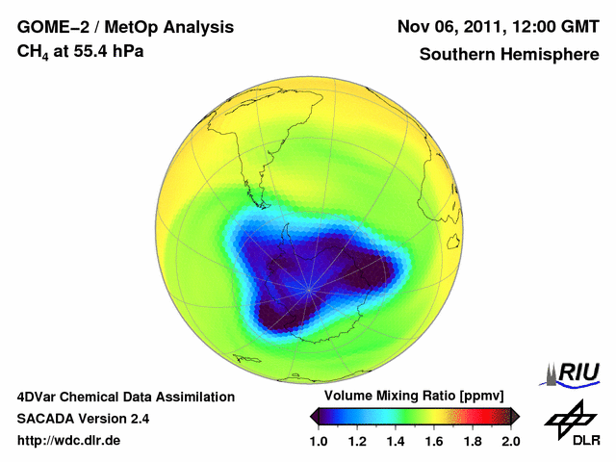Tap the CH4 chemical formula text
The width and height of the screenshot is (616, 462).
pyautogui.click(x=37, y=51)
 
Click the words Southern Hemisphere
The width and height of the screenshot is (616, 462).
pyautogui.click(x=509, y=54)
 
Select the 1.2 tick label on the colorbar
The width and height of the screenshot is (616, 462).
pyautogui.click(x=358, y=441)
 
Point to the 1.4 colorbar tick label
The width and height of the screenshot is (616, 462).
pyautogui.click(x=397, y=441)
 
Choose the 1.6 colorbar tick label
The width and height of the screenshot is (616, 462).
pyautogui.click(x=434, y=441)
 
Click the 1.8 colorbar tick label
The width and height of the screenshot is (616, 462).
pyautogui.click(x=473, y=441)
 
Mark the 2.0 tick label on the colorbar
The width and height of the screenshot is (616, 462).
pyautogui.click(x=510, y=441)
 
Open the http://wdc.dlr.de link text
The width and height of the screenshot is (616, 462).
pyautogui.click(x=69, y=441)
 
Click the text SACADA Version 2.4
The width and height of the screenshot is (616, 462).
pyautogui.click(x=83, y=419)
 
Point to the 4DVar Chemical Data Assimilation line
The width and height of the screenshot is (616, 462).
pyautogui.click(x=125, y=397)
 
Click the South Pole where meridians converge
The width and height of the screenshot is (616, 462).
pyautogui.click(x=308, y=288)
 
